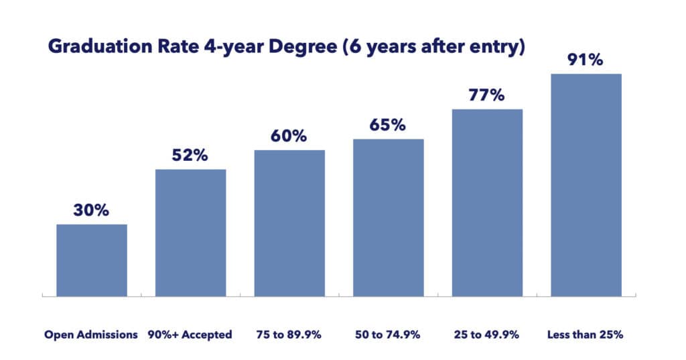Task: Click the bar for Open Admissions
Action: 91,260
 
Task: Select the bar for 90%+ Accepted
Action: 190,233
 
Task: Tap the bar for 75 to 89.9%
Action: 289,223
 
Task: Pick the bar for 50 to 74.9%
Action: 389,218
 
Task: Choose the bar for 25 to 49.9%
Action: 487,202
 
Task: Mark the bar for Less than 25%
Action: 586,185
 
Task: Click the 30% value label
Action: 91,210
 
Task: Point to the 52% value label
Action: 190,155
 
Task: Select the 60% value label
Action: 289,135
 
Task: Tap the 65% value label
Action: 389,125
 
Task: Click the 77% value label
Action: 487,95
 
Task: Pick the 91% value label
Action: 586,59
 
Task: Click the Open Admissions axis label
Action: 91,334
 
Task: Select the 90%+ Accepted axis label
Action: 190,334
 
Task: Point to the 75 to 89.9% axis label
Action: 289,334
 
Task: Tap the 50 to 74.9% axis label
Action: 389,334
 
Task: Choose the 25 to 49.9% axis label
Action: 487,334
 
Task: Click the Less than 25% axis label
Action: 586,334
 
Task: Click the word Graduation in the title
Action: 89,49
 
